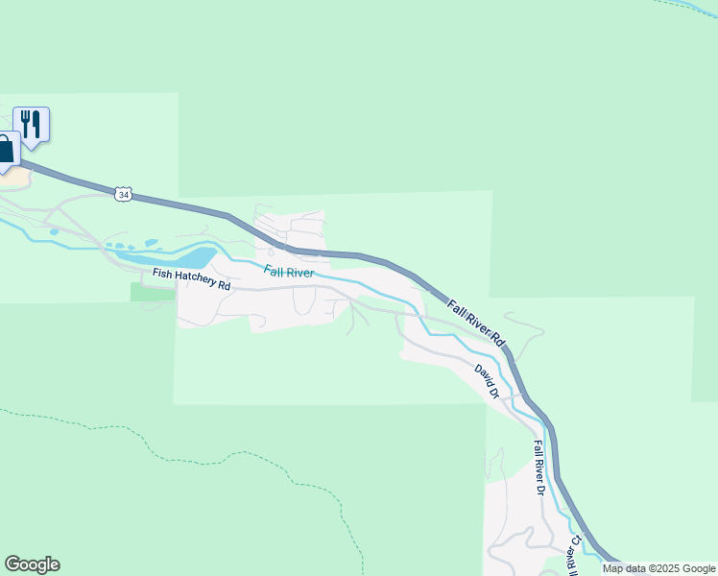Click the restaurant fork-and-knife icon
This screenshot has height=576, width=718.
(31, 124)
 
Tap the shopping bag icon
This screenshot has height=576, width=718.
(5, 150)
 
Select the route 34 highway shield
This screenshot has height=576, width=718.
(122, 194)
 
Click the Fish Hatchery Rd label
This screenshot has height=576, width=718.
(192, 281)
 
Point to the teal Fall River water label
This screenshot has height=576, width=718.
(289, 273)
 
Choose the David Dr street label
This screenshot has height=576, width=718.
(488, 380)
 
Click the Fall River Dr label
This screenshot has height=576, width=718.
(539, 468)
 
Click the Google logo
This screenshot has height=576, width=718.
(32, 564)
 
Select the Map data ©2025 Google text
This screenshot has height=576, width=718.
(658, 568)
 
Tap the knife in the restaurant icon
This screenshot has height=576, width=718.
(36, 123)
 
